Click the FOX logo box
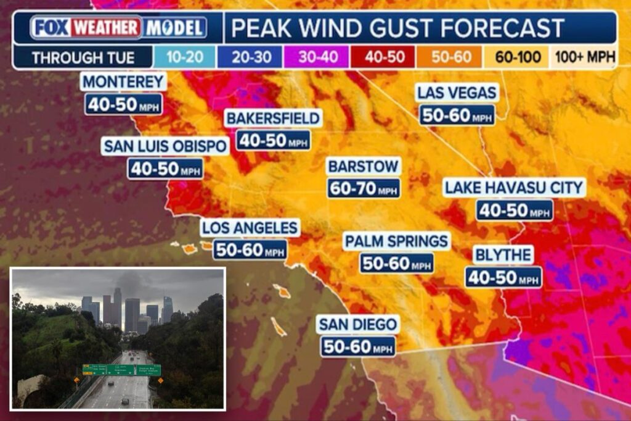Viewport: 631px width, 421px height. click(x=51, y=28)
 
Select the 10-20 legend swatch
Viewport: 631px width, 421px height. click(x=184, y=58)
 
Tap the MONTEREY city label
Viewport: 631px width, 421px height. click(x=123, y=81)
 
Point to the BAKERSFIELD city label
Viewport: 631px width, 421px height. click(x=273, y=117)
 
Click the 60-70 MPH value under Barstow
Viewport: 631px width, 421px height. click(x=364, y=188)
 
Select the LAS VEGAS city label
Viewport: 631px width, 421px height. click(x=457, y=93)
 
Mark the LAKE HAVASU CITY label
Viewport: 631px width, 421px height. click(x=514, y=188)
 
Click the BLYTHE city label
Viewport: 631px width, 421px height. click(x=503, y=254)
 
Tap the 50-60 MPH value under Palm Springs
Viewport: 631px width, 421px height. click(x=396, y=263)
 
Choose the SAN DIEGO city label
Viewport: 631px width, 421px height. click(x=357, y=323)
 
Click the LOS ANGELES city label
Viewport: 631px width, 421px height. click(x=250, y=227)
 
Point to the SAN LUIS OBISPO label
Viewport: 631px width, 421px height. click(x=165, y=146)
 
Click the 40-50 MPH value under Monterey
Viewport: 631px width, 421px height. click(x=123, y=104)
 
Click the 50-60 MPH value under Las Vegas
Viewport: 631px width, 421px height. click(x=457, y=115)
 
